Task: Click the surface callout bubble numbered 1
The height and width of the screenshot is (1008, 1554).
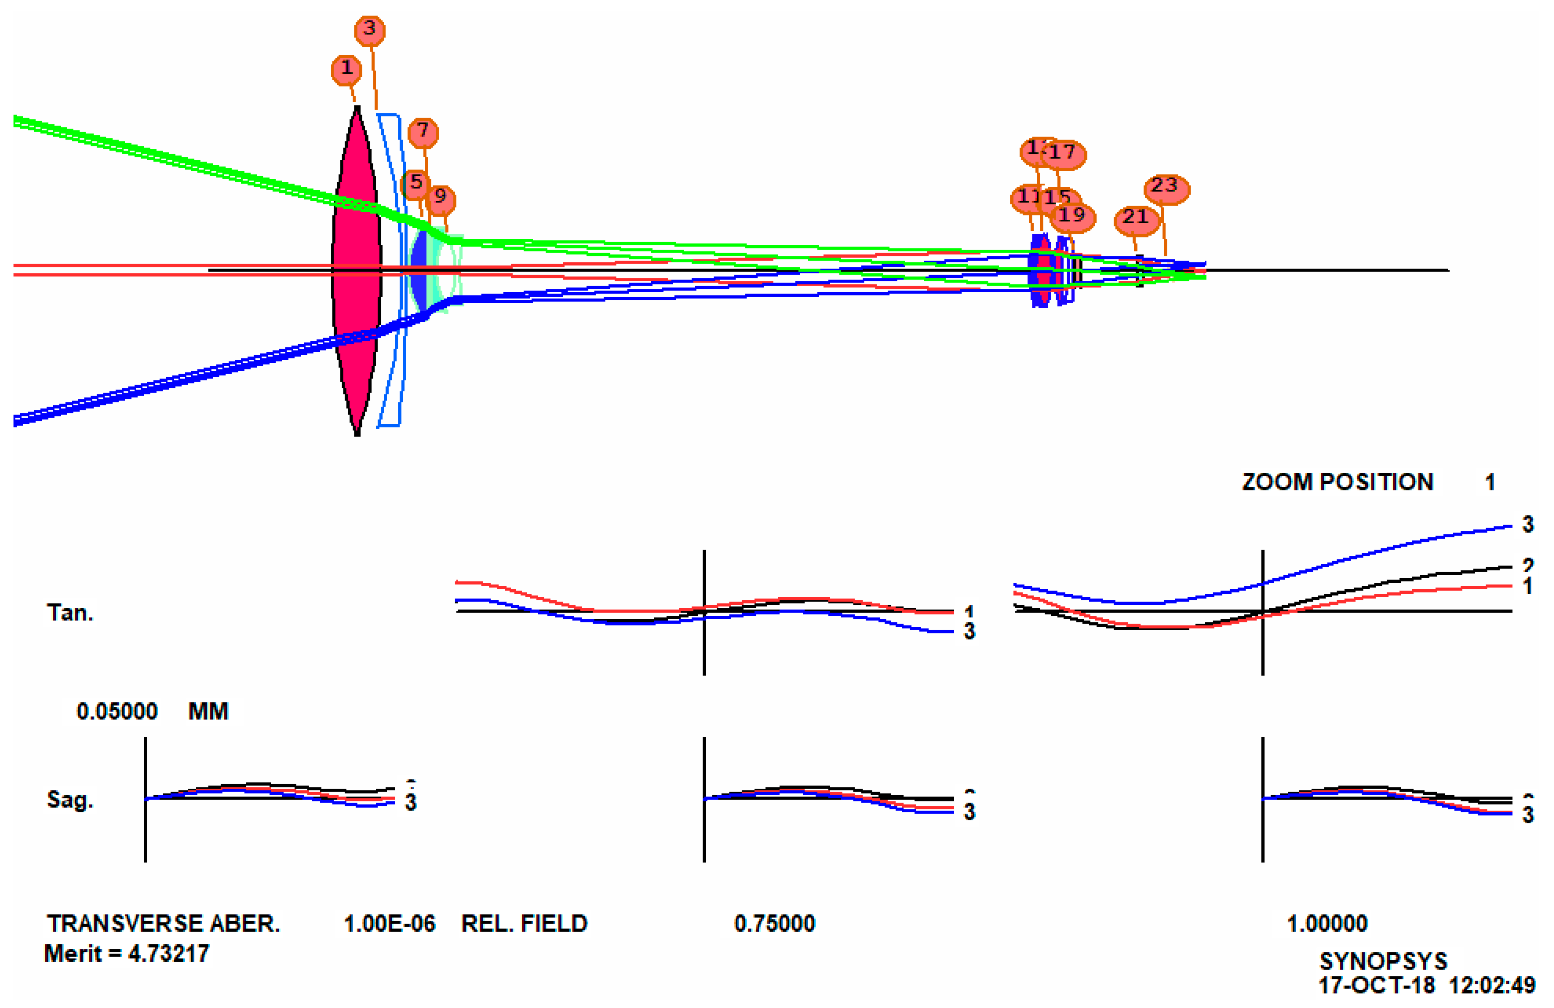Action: tap(346, 69)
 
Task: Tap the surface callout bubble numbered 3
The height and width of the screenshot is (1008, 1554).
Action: tap(370, 30)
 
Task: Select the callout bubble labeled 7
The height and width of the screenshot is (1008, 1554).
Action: tap(423, 132)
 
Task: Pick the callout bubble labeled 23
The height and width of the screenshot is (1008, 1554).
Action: tap(1166, 189)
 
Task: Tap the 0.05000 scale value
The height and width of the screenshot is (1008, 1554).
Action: tap(117, 711)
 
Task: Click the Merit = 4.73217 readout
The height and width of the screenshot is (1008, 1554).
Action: tap(127, 954)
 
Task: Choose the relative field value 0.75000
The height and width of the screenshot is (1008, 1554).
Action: tap(774, 923)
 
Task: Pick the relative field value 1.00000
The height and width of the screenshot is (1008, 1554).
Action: tap(1327, 923)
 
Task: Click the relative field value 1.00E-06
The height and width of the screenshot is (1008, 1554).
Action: tap(389, 923)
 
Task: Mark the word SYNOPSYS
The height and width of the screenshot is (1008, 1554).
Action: tap(1383, 961)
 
